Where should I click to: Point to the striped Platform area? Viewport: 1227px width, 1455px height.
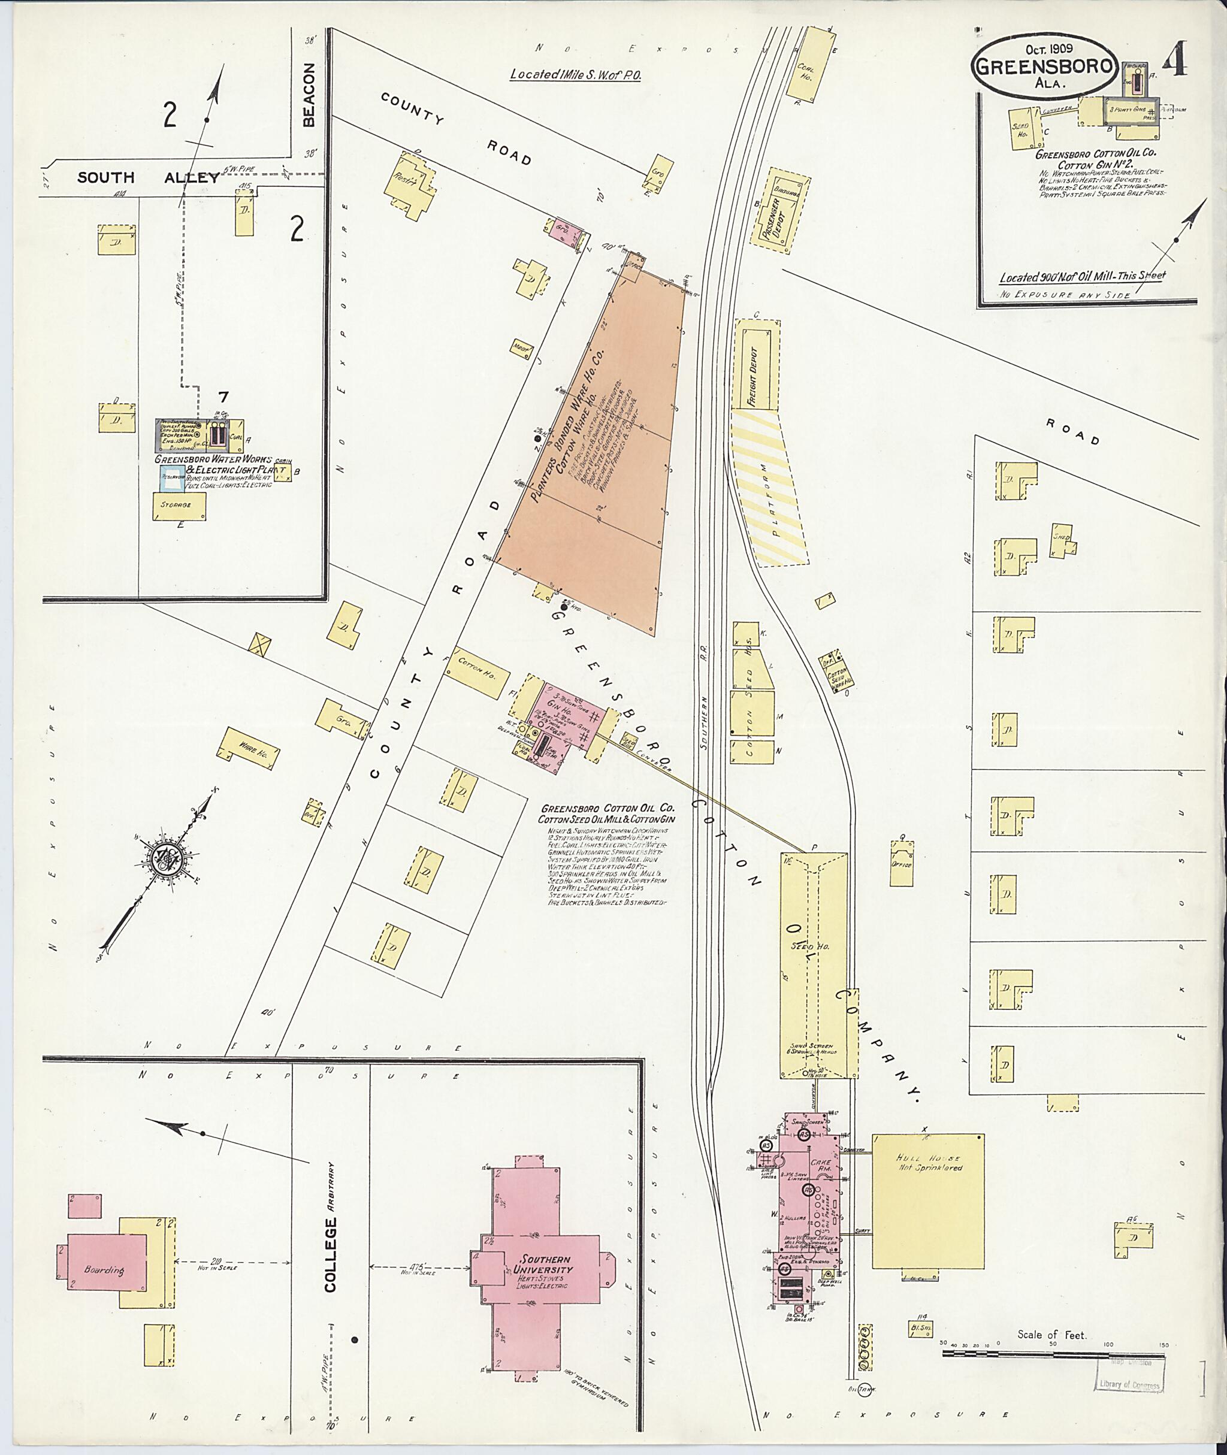(x=769, y=488)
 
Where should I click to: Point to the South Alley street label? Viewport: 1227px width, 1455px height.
(x=147, y=177)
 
